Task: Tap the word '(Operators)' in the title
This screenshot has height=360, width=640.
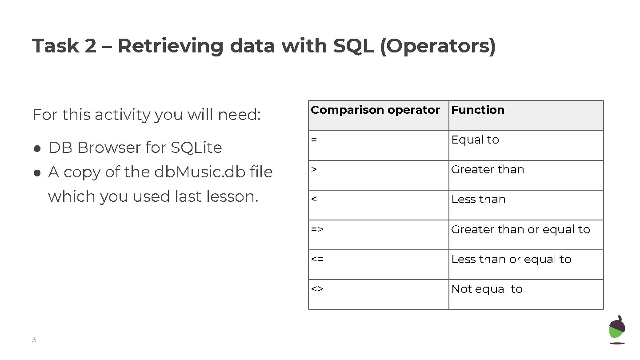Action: tap(437, 47)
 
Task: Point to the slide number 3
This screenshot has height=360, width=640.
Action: tap(34, 340)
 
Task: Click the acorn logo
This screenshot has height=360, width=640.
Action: tap(616, 330)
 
